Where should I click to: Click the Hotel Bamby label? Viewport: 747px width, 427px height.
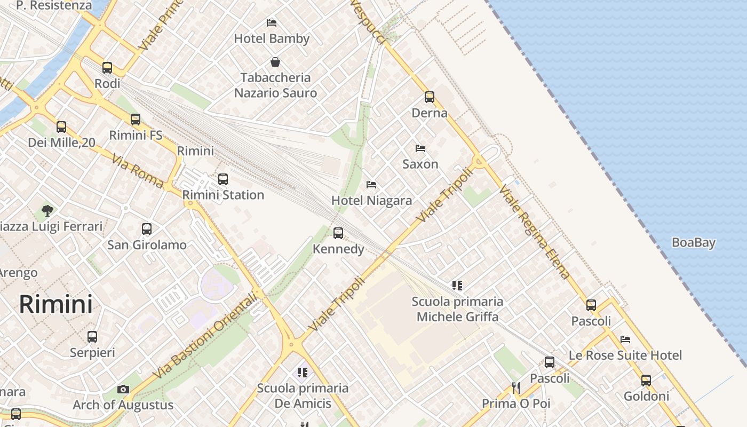point(272,38)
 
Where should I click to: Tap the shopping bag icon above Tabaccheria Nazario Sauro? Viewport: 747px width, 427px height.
point(275,62)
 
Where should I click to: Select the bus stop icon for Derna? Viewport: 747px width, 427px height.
point(430,97)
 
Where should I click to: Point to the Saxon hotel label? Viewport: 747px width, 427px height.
point(420,164)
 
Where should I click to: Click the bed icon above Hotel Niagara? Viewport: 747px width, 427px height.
point(371,185)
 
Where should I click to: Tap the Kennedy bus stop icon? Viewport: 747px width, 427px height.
point(338,233)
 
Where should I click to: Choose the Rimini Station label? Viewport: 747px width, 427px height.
point(223,195)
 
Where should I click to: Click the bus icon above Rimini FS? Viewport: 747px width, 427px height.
point(136,120)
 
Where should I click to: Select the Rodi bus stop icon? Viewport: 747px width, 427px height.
point(107,68)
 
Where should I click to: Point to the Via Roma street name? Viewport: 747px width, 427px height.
point(137,171)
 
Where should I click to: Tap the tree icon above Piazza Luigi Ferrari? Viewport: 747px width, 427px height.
point(47,210)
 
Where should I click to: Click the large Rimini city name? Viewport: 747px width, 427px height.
point(55,304)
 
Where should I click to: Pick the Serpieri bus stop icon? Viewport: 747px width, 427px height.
point(92,337)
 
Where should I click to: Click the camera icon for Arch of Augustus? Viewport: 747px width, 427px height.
point(123,389)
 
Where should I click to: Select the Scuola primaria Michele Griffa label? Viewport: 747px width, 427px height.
point(457,309)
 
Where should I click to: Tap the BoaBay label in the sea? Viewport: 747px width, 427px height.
point(693,242)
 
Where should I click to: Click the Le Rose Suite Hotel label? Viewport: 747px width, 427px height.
point(625,355)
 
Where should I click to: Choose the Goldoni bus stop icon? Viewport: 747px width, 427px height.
point(646,381)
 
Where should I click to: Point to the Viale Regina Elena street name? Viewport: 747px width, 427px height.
point(535,232)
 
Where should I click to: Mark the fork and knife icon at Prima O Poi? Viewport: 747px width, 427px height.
point(515,388)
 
